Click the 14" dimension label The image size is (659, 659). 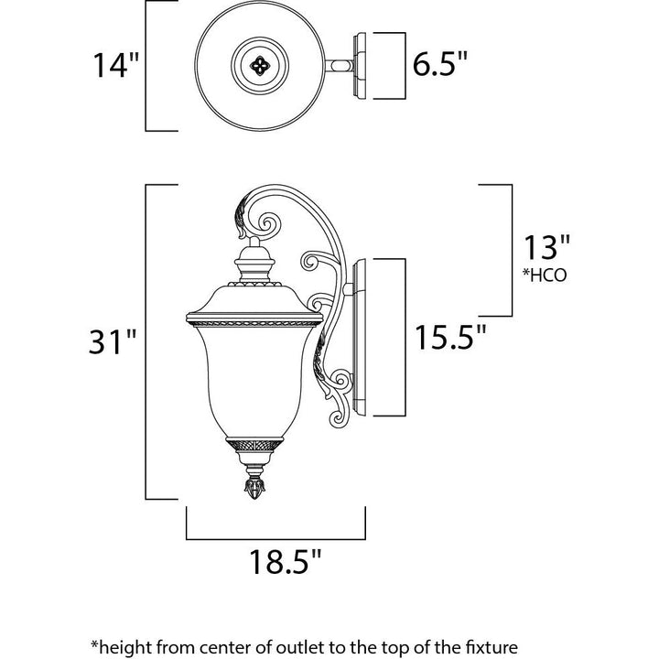(x=115, y=65)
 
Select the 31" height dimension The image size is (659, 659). (x=113, y=341)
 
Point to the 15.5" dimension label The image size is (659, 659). (x=450, y=337)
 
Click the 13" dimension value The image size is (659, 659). (x=546, y=247)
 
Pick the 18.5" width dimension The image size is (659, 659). (x=285, y=561)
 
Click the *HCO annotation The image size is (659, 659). (x=545, y=275)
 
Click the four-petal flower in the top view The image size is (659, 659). (x=259, y=66)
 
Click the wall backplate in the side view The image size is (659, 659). (x=360, y=338)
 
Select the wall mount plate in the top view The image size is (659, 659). (x=361, y=66)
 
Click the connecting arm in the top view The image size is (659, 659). (x=339, y=66)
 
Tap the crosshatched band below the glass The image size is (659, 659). (x=254, y=445)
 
